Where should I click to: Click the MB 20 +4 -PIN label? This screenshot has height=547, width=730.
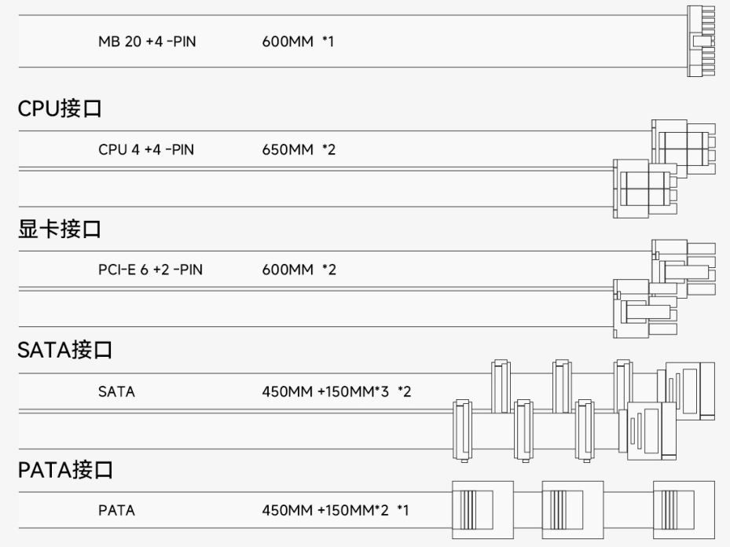click(x=147, y=42)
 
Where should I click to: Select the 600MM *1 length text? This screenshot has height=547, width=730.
click(x=298, y=42)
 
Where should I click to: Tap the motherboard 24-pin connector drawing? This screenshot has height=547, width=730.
click(x=701, y=42)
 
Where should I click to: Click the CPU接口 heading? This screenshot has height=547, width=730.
click(x=60, y=108)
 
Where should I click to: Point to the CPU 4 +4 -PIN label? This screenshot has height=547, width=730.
click(x=146, y=149)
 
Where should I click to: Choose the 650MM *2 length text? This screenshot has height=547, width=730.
click(x=299, y=149)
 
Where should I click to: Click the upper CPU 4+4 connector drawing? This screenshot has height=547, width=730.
click(x=684, y=148)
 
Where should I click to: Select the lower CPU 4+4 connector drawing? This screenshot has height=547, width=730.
click(x=645, y=189)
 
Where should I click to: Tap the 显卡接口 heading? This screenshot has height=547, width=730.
click(x=60, y=229)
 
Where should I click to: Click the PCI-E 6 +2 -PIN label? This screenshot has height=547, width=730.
click(x=150, y=270)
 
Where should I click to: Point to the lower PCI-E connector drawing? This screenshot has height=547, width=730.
click(x=645, y=308)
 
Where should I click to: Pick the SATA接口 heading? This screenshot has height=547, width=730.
click(x=64, y=350)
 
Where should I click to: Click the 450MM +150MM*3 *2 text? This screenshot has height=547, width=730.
click(x=336, y=391)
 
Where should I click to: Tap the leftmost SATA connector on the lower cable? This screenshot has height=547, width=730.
click(x=462, y=431)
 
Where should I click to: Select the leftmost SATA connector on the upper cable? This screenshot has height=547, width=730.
click(x=501, y=387)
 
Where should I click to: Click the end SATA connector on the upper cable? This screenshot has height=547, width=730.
click(x=686, y=391)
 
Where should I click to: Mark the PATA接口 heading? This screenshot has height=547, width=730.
click(x=65, y=470)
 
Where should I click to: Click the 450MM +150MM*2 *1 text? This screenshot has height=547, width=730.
click(x=336, y=510)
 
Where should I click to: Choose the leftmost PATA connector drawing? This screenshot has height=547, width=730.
click(x=482, y=510)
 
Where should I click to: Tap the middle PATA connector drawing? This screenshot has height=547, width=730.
click(x=573, y=510)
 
